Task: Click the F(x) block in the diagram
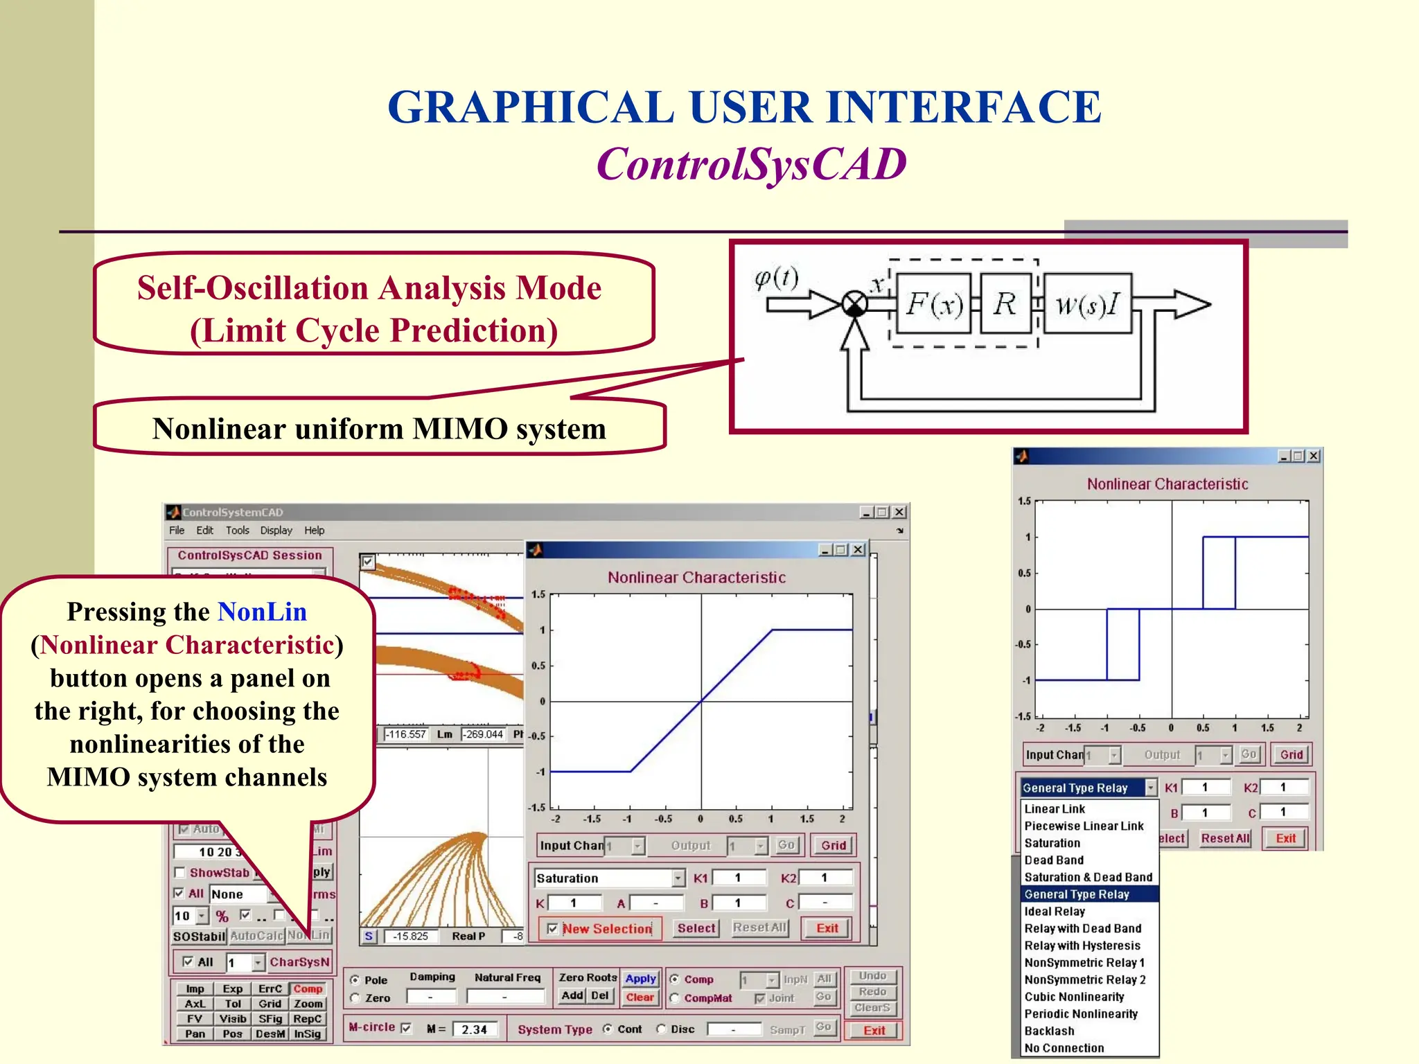tap(935, 303)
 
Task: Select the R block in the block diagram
tap(1005, 303)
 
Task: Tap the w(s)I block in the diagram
tap(1087, 303)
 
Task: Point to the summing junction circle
tap(854, 303)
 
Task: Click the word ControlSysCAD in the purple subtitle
tap(751, 164)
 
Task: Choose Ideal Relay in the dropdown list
tap(1055, 912)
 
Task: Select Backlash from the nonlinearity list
tap(1049, 1031)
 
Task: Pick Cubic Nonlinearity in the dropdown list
tap(1074, 997)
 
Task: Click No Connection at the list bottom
tap(1064, 1048)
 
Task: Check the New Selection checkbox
tap(552, 928)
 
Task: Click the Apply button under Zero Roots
tap(640, 978)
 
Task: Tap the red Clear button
tap(640, 997)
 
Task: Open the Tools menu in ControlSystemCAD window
tap(237, 531)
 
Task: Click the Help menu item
tap(314, 531)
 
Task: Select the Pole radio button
tap(355, 979)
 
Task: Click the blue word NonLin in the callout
tap(262, 612)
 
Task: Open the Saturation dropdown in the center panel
tap(678, 878)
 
